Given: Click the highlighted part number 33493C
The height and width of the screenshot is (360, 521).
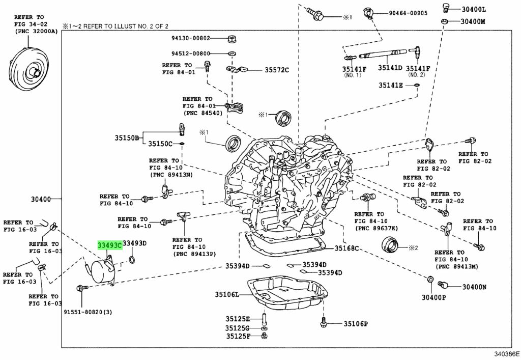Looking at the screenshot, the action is click(110, 245).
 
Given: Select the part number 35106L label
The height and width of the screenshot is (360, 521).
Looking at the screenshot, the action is click(227, 294).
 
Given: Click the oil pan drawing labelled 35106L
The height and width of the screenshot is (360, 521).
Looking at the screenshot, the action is click(287, 293).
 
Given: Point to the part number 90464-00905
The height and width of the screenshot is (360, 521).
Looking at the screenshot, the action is click(408, 13).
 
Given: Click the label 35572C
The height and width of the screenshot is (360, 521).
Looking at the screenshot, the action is click(277, 70).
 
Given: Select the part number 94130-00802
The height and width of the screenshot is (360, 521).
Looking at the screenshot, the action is click(191, 38).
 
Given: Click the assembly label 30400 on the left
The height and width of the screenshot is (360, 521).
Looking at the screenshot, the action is click(41, 199).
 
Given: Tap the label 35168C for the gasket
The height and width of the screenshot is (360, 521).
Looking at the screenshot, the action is click(346, 248).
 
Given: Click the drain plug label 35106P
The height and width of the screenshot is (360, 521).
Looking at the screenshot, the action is click(356, 323).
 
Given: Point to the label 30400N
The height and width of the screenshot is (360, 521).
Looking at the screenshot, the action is click(474, 287).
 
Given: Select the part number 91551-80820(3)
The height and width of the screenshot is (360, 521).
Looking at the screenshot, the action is click(88, 312).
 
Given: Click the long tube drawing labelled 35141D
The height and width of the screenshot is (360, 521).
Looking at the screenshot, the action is click(383, 53).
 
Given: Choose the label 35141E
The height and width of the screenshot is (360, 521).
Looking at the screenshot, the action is click(390, 85).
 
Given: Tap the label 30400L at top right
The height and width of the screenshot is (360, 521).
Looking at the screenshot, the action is click(474, 10).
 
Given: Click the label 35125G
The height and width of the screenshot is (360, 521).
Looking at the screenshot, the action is click(238, 328).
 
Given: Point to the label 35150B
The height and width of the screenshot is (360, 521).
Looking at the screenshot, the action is click(127, 137).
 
